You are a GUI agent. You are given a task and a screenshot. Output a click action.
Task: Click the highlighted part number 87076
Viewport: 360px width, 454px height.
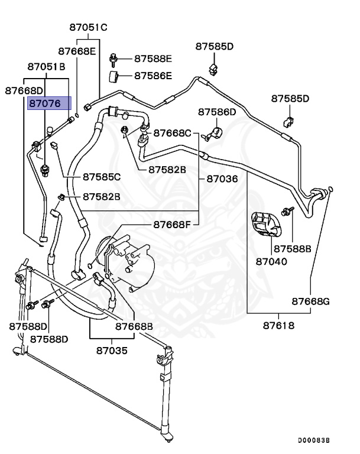(49, 103)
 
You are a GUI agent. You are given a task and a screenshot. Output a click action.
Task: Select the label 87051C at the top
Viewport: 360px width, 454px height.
(87, 27)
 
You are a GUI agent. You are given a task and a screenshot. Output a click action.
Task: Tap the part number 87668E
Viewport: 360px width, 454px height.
(77, 51)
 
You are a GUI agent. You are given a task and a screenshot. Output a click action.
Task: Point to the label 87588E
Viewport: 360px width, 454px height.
(153, 59)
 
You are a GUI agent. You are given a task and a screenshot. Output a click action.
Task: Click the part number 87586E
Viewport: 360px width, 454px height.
(153, 76)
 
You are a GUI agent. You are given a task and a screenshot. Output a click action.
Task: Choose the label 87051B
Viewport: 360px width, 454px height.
(45, 67)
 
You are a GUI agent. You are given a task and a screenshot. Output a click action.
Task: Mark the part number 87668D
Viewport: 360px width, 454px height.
(24, 90)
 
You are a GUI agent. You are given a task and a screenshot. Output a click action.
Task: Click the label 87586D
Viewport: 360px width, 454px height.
(216, 112)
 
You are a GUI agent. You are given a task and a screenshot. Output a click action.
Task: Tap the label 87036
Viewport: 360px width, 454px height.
(222, 178)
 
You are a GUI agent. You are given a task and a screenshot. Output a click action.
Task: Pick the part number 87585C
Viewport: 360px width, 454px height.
(101, 176)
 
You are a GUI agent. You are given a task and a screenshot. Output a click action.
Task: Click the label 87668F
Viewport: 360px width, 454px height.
(173, 224)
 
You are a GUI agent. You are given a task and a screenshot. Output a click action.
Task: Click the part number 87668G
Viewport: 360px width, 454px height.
(310, 301)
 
